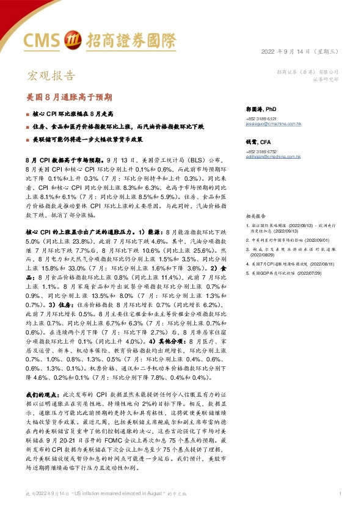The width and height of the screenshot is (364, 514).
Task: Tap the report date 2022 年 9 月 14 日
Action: [x=288, y=51]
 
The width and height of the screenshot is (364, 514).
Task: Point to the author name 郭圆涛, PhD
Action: [x=262, y=109]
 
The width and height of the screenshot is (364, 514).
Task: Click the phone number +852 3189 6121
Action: [x=261, y=118]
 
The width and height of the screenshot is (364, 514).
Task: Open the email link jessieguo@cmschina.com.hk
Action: [x=274, y=123]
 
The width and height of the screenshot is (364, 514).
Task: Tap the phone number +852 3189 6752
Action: [x=261, y=151]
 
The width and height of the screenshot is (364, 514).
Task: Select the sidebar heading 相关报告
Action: [x=256, y=216]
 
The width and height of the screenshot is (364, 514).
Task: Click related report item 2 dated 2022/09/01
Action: [x=296, y=240]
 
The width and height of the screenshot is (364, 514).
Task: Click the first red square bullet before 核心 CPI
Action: [x=27, y=114]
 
